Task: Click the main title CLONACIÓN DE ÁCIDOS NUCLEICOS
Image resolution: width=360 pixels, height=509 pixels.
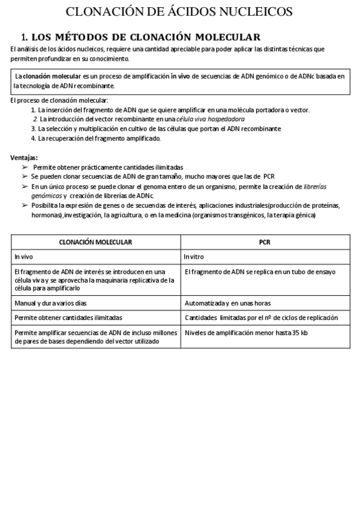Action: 179,11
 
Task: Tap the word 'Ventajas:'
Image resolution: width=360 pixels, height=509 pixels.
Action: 24,157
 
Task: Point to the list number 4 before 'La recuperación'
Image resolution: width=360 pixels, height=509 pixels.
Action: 34,138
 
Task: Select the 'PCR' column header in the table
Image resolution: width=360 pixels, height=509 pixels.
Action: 265,242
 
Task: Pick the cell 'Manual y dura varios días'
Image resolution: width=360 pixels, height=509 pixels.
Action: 55,303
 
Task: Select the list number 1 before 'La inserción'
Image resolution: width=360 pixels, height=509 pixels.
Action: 34,110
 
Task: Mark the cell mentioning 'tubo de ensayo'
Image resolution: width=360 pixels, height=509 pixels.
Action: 260,272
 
